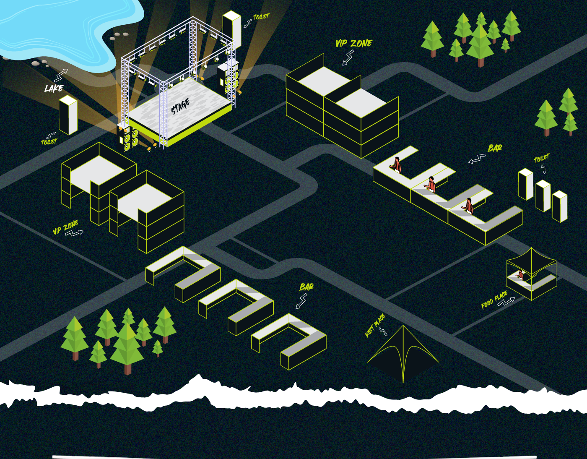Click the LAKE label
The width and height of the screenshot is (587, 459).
(x=54, y=88)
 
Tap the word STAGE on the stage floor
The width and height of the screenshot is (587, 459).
(x=180, y=107)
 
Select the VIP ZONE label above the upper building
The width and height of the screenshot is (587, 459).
(x=353, y=43)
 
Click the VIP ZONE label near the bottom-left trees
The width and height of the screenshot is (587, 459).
(x=65, y=227)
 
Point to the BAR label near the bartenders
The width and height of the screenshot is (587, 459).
(x=495, y=148)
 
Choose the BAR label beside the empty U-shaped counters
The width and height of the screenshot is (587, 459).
(x=306, y=287)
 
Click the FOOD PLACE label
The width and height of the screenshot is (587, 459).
(x=494, y=299)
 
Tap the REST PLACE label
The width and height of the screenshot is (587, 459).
(x=375, y=325)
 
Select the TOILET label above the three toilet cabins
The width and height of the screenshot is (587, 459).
(x=541, y=158)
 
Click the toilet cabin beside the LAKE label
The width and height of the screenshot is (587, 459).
(x=68, y=115)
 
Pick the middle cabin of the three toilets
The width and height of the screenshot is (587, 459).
(x=543, y=196)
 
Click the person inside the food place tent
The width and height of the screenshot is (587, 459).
(x=520, y=275)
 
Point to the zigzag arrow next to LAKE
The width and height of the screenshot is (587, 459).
(x=61, y=76)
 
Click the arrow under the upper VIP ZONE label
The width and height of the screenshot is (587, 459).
(x=348, y=58)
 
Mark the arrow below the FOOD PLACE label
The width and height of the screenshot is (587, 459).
(x=506, y=302)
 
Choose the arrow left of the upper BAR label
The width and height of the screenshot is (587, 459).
(x=477, y=159)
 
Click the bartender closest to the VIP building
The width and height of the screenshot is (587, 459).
(x=396, y=164)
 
